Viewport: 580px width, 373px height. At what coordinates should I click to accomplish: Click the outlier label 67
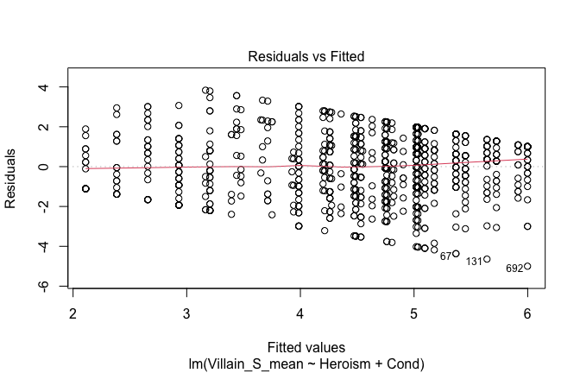click(445, 256)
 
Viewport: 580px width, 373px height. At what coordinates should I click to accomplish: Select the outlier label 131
click(474, 262)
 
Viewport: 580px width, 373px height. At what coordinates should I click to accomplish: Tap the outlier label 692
click(514, 269)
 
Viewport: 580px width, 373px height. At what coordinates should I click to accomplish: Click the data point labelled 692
click(527, 266)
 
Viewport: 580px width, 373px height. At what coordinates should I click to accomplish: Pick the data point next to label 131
click(487, 259)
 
